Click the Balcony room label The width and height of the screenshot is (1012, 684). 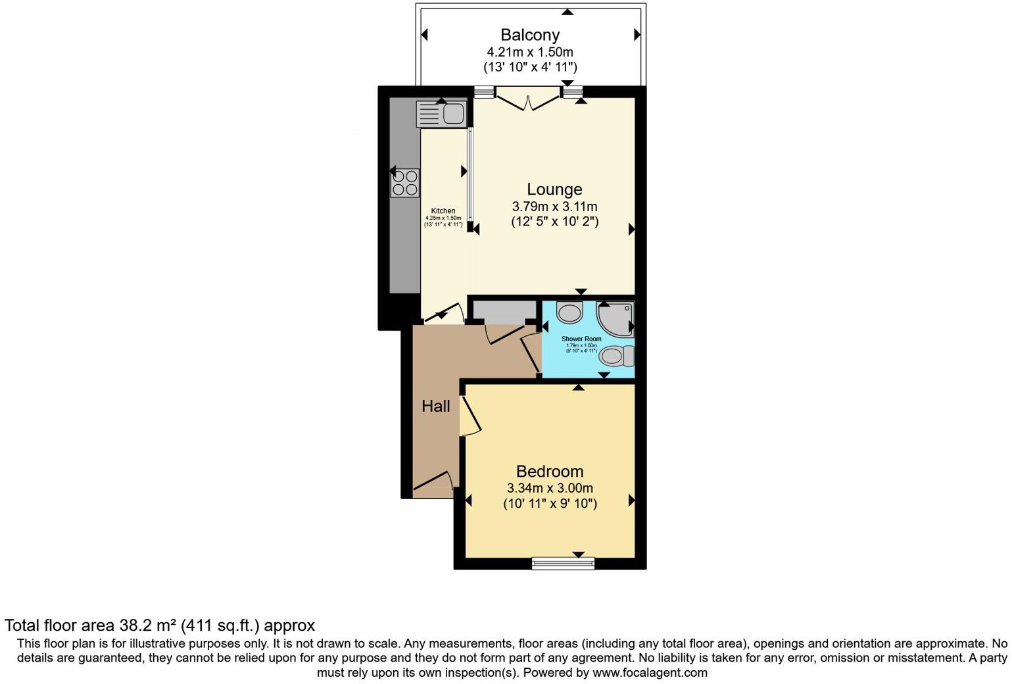click(529, 35)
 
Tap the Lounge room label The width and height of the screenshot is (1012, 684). click(554, 189)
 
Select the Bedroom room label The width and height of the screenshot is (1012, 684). click(550, 472)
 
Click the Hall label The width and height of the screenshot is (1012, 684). click(436, 406)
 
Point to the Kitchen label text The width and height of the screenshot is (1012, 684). click(443, 211)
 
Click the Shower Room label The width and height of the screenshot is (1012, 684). click(581, 339)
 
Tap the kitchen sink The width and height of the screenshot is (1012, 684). click(441, 114)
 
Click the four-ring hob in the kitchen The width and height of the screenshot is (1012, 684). click(405, 183)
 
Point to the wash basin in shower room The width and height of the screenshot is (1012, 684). click(569, 312)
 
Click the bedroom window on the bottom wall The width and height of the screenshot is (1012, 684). click(563, 562)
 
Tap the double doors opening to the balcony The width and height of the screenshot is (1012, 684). click(528, 99)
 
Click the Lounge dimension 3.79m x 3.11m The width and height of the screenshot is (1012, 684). click(554, 207)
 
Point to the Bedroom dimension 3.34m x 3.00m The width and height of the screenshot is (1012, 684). click(550, 488)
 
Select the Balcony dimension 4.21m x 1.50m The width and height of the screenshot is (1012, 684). click(529, 51)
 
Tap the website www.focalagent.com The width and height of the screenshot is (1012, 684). click(650, 673)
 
